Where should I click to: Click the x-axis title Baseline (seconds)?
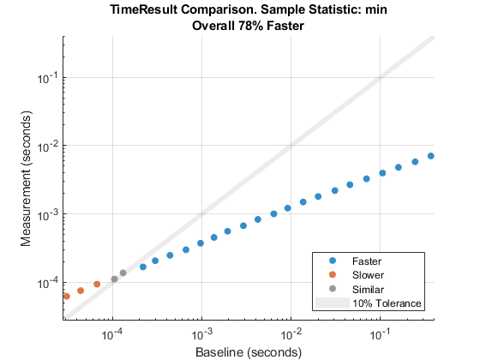click(x=249, y=351)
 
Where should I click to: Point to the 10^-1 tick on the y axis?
click(x=47, y=77)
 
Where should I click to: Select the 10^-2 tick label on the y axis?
click(x=47, y=146)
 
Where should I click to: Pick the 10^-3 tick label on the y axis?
click(x=47, y=214)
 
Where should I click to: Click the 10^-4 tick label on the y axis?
click(x=47, y=283)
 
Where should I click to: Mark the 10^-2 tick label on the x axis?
click(x=291, y=334)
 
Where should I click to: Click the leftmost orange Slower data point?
click(x=66, y=296)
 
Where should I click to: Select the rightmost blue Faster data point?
click(x=431, y=156)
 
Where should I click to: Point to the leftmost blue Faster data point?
click(x=143, y=267)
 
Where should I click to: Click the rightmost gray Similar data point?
click(x=123, y=273)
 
